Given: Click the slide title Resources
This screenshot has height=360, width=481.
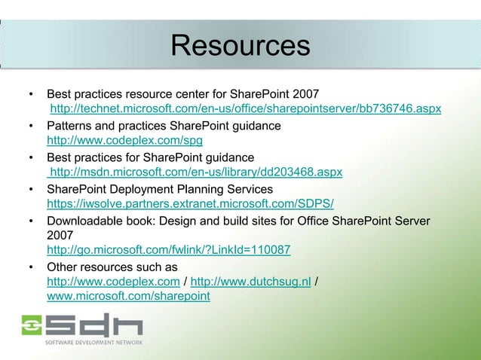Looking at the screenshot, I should tap(240, 46).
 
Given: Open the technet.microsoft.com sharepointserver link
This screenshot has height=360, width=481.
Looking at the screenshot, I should tap(245, 110).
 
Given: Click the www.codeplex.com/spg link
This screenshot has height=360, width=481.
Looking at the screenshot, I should tap(124, 141).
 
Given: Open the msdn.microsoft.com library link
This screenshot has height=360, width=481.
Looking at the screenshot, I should tap(195, 172).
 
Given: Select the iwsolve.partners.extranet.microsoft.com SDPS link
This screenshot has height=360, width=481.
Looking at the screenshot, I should tap(191, 204).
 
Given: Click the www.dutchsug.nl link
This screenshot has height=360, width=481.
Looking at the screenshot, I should tap(251, 282).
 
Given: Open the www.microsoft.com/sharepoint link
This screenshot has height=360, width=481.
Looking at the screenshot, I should tap(128, 297).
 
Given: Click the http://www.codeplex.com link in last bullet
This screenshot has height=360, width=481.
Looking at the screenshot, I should tap(113, 282).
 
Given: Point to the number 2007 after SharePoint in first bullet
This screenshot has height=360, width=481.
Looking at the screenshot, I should tap(304, 95).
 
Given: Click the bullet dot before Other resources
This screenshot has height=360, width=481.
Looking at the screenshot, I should tap(30, 267).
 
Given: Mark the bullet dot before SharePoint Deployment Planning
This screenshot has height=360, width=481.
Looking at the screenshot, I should tap(30, 188).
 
